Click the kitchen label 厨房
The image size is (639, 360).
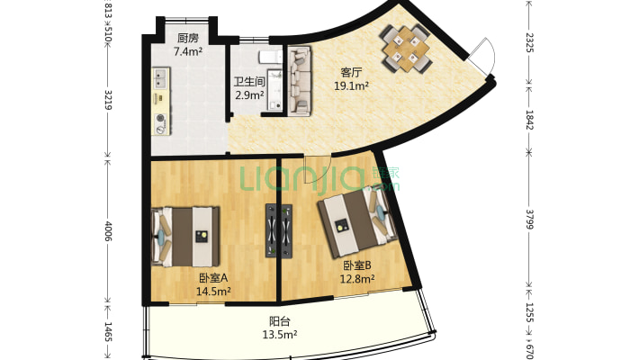188,39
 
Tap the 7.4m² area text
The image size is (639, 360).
188,52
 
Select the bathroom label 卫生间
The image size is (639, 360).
249,82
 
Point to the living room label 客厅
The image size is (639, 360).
351,73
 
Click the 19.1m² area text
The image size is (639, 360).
351,86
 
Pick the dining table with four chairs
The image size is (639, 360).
407,49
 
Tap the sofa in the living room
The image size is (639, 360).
300,81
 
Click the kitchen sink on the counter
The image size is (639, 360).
160,78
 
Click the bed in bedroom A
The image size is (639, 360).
185,237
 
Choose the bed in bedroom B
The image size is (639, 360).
357,222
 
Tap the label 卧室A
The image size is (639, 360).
213,278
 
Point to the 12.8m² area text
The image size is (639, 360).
357,279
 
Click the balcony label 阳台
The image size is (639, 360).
280,321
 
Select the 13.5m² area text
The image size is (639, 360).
280,335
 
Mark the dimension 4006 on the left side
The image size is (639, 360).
108,230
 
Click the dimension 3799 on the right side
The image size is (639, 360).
529,220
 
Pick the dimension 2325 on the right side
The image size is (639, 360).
529,42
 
